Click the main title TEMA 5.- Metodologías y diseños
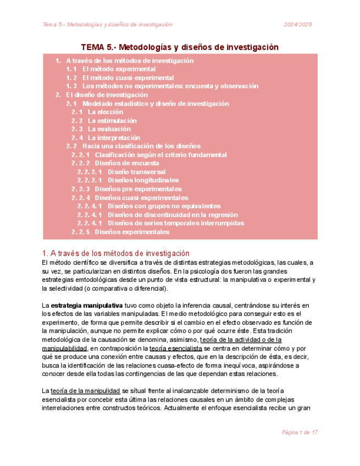pyautogui.click(x=180, y=47)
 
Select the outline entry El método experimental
pyautogui.click(x=118, y=69)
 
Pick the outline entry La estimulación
pyautogui.click(x=112, y=120)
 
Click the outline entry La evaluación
pyautogui.click(x=110, y=129)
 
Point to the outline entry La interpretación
pyautogui.click(x=114, y=137)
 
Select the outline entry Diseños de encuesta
pyautogui.click(x=126, y=163)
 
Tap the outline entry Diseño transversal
pyautogui.click(x=136, y=172)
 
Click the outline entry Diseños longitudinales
pyautogui.click(x=143, y=180)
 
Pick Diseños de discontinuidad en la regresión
pyautogui.click(x=173, y=214)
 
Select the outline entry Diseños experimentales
pyautogui.click(x=132, y=232)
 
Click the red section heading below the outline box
pyautogui.click(x=115, y=253)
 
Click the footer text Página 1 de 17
pyautogui.click(x=300, y=433)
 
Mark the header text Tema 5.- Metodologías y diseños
pyautogui.click(x=108, y=24)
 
